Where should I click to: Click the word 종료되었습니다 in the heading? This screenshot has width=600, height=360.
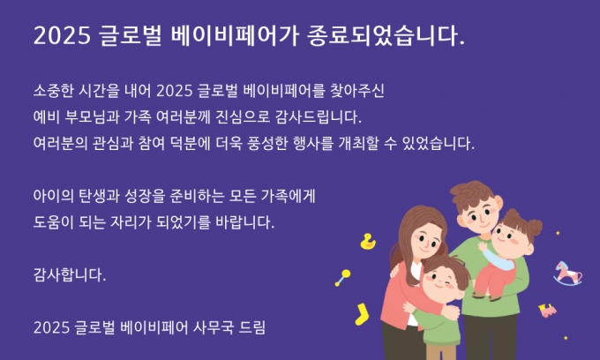click(386, 35)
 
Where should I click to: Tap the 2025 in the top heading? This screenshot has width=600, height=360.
click(62, 36)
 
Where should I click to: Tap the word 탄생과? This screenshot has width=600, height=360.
click(99, 196)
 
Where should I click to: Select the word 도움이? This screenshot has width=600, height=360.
click(53, 221)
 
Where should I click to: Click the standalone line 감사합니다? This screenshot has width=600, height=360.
click(70, 274)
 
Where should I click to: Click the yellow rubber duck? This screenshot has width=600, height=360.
click(368, 242)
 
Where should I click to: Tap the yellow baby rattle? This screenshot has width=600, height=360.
click(343, 277)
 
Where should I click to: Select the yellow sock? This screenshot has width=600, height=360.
click(362, 314)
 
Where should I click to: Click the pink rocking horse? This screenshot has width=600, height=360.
click(568, 274)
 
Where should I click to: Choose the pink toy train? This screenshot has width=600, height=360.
click(548, 311)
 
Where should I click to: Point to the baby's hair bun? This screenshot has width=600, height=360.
click(534, 227)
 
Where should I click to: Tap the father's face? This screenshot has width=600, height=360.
click(479, 215)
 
